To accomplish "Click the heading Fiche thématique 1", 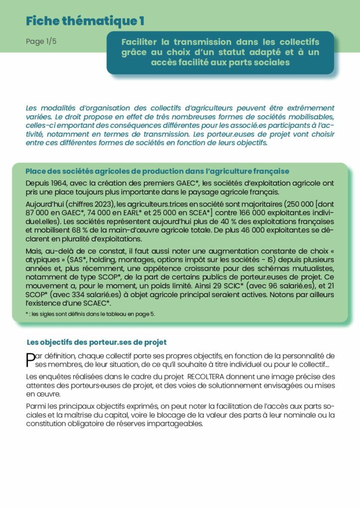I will (85, 21).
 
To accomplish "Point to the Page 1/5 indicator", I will (41, 42).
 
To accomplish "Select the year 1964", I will (62, 183).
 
